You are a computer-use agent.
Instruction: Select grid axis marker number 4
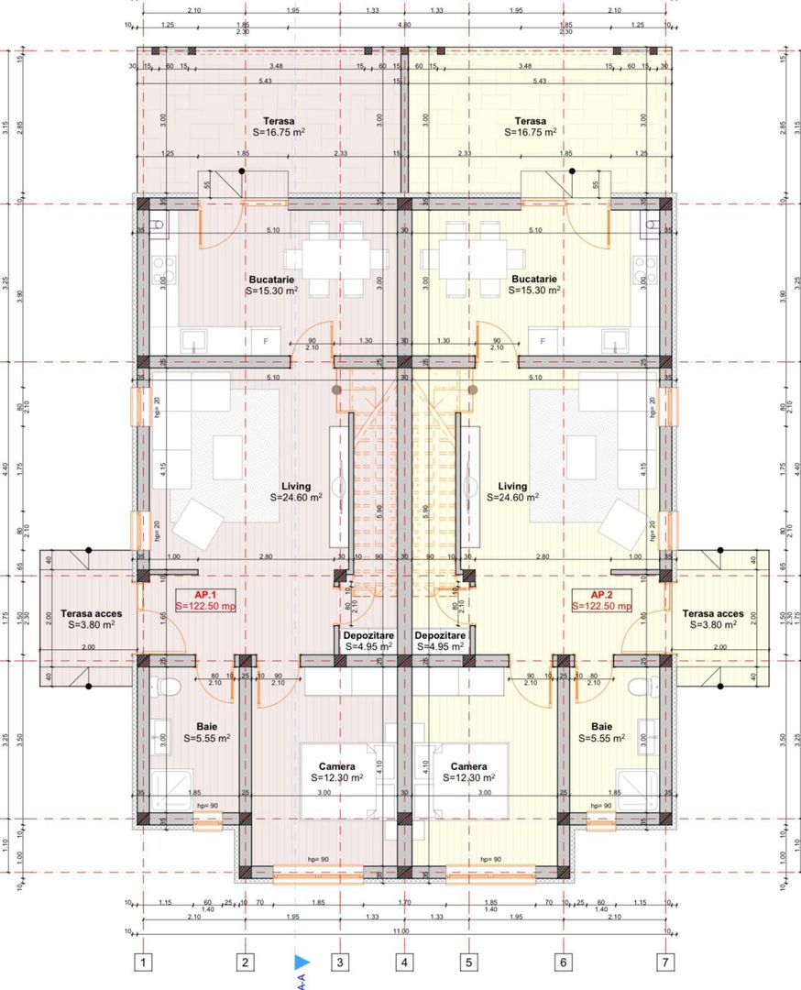(403, 962)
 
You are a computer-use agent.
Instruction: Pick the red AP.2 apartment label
(601, 599)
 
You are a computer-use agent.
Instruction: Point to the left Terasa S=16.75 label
(278, 126)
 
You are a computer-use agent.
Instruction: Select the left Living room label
(296, 492)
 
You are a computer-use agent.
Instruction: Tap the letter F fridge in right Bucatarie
(543, 341)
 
